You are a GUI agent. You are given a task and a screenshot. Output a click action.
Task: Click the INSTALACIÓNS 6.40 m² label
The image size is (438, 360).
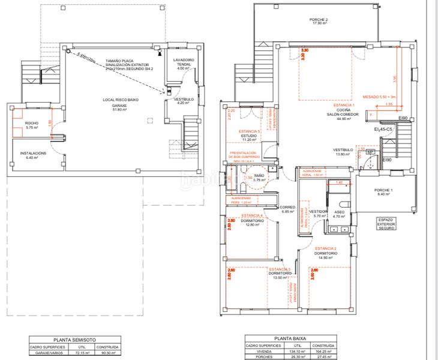33,155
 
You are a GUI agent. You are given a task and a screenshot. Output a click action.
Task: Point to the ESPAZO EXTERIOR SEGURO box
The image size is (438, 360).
385,224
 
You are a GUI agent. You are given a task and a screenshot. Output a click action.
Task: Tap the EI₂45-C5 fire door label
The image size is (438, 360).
383,129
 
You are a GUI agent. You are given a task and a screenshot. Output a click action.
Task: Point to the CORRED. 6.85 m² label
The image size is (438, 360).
290,209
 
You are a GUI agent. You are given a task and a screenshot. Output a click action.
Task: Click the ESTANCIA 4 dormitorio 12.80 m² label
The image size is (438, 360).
250,222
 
